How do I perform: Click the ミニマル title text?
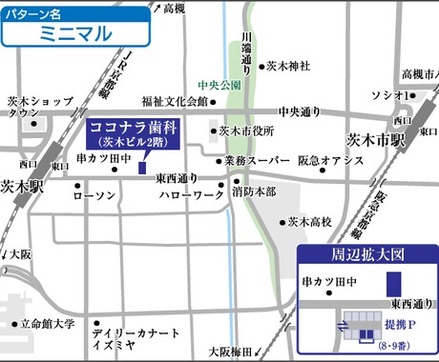tap(75, 33)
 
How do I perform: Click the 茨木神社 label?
tap(290, 67)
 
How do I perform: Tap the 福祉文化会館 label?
tap(174, 101)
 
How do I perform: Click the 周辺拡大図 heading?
tap(367, 255)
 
